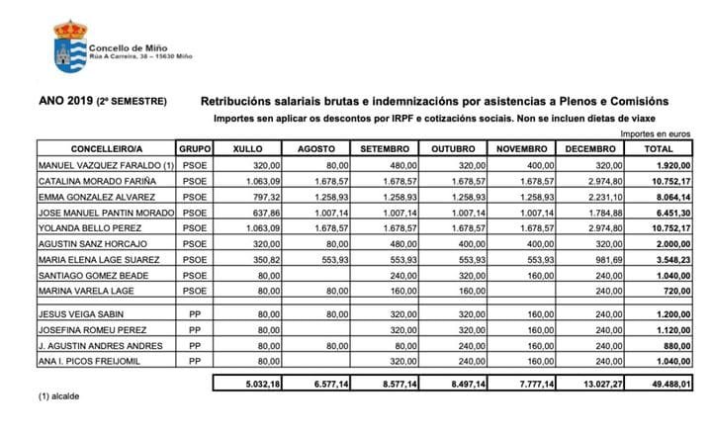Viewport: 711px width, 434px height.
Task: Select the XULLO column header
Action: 244,148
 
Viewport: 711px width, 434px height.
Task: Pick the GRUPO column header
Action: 192,148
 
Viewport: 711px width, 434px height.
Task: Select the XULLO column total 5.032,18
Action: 248,383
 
